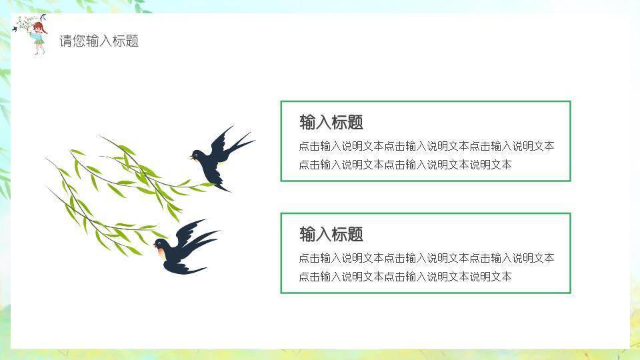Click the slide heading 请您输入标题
click(99, 41)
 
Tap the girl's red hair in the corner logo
click(39, 27)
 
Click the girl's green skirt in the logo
click(39, 41)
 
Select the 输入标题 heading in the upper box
click(331, 123)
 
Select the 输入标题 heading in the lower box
click(331, 235)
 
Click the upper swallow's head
click(198, 155)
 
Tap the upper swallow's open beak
click(191, 158)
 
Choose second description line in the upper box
click(405, 165)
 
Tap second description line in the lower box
click(405, 277)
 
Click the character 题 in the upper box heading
click(355, 123)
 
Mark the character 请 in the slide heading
click(65, 41)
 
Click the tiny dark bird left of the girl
click(15, 29)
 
